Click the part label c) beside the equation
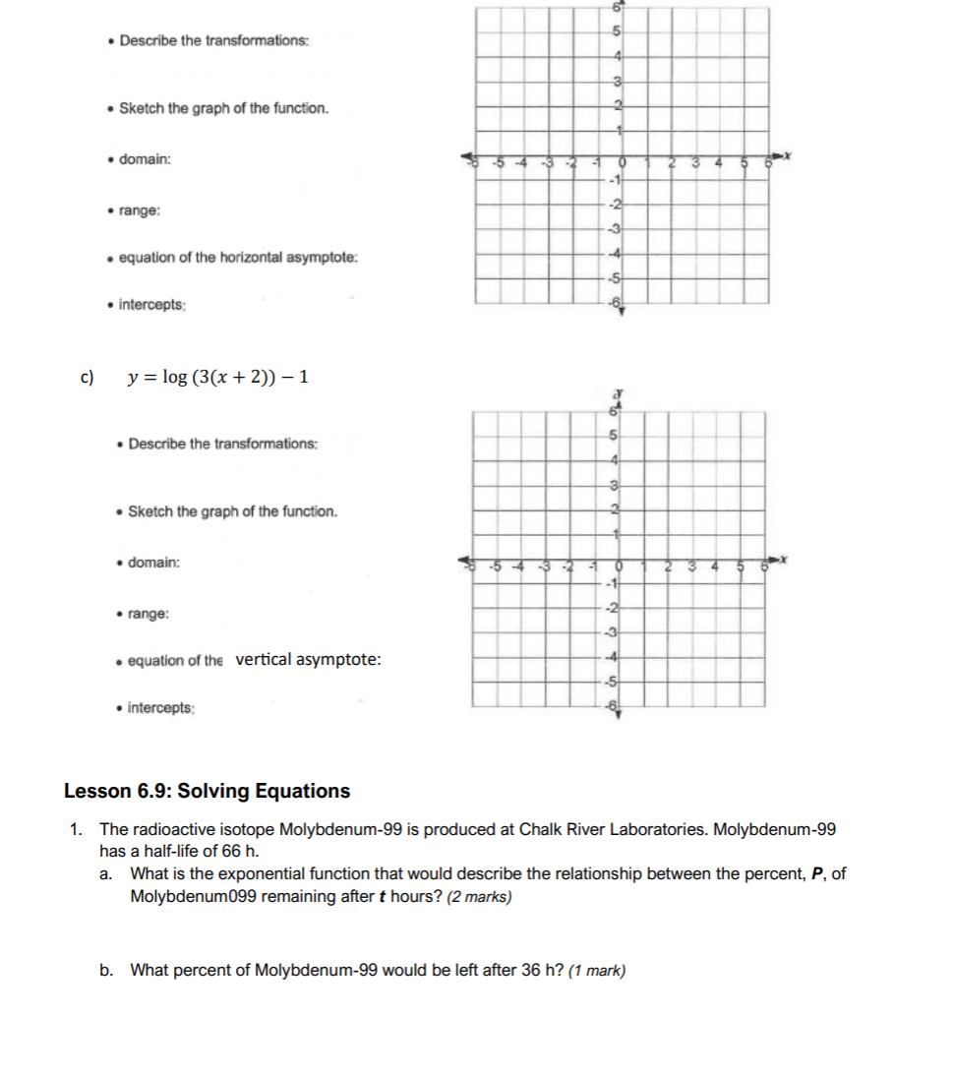click(x=87, y=378)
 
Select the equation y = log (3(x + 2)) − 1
click(x=219, y=378)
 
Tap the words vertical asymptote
click(x=308, y=659)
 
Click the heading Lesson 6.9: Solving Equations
click(x=207, y=791)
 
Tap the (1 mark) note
click(x=597, y=971)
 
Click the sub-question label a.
click(x=106, y=873)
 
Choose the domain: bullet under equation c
click(x=153, y=563)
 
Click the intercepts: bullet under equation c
click(x=161, y=707)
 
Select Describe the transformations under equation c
click(x=222, y=445)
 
